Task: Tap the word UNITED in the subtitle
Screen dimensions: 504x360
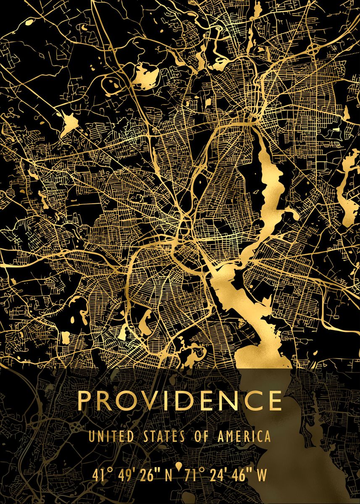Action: [107, 436]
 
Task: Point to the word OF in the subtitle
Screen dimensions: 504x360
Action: [201, 436]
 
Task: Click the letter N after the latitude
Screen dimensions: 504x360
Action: [168, 475]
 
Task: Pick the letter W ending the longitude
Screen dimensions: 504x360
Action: [261, 475]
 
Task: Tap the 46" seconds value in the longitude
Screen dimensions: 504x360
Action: [243, 475]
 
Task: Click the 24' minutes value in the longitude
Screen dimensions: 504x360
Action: [218, 475]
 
